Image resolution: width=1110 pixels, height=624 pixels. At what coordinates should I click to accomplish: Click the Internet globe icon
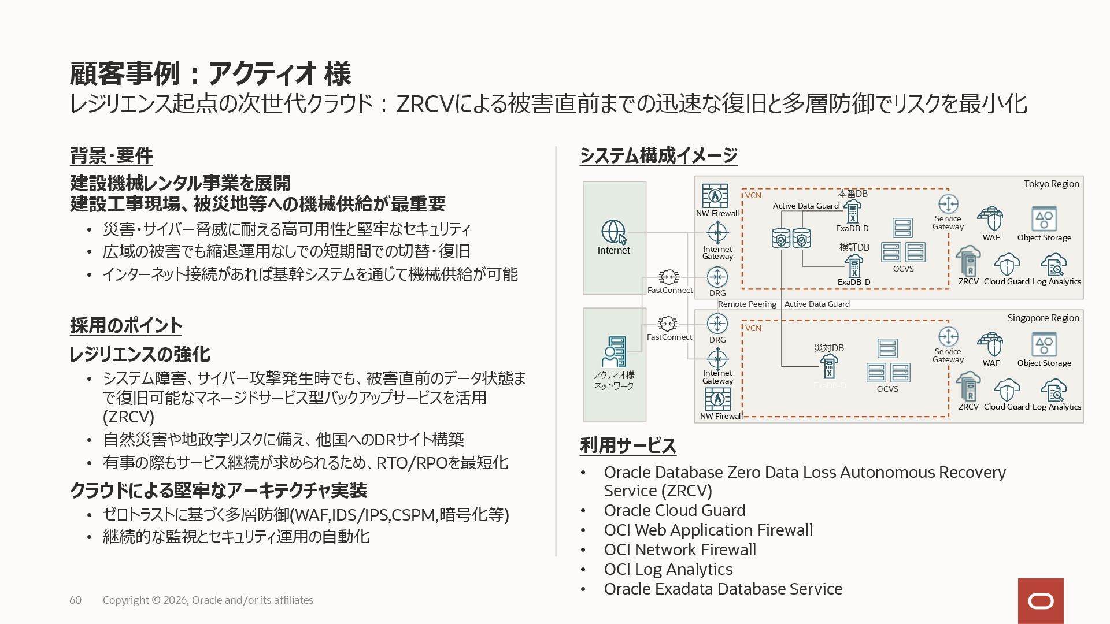pos(613,232)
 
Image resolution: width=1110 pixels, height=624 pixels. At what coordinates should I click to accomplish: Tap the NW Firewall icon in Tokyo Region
pos(715,196)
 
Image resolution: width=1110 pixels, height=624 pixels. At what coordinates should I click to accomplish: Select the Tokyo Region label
pos(1051,184)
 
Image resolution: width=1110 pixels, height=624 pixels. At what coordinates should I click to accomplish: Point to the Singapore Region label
pos(1043,318)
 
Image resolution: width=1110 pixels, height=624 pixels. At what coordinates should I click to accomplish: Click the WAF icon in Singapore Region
pos(990,344)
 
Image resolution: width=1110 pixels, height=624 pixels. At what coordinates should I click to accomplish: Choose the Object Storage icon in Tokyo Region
pos(1044,219)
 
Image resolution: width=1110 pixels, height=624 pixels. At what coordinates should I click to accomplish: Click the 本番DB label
pos(853,194)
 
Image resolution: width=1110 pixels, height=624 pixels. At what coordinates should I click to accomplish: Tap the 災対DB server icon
pos(829,366)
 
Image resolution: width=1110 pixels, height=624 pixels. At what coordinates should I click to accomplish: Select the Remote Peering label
pos(747,304)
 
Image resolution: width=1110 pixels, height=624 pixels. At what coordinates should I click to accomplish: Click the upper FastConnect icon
pos(669,277)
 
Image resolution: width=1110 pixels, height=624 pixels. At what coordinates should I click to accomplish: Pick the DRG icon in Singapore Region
pos(717,324)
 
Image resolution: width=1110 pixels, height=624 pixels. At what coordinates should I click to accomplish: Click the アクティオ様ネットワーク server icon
pos(613,352)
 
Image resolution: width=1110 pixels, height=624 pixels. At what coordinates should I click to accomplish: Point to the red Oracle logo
pos(1041,601)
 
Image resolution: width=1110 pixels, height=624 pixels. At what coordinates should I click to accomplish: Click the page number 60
pos(75,600)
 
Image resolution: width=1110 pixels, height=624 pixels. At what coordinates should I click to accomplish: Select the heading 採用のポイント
pos(126,325)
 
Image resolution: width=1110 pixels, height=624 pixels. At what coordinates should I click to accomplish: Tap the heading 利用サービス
pos(628,445)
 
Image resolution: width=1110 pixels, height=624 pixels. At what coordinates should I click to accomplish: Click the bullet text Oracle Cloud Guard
pos(675,510)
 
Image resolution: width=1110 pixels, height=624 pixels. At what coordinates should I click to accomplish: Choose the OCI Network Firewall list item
pos(680,549)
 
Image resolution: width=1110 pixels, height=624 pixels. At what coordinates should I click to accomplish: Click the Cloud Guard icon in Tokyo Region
pos(1007,265)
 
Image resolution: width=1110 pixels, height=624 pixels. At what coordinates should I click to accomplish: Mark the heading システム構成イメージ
pos(658,155)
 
